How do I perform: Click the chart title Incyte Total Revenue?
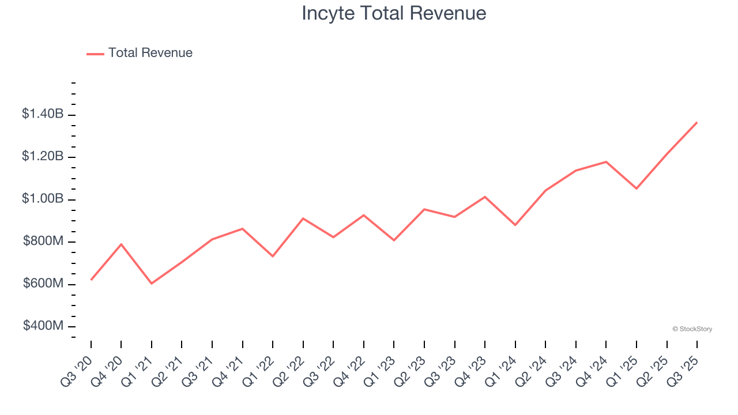394,13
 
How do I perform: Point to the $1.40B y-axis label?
43,114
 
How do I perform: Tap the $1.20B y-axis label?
43,156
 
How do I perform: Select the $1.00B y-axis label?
43,199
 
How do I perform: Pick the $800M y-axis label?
43,242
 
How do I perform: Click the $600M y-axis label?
43,284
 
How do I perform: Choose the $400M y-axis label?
43,326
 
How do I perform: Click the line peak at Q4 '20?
121,244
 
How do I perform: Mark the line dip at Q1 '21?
152,284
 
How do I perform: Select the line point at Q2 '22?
303,218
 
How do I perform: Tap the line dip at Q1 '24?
515,225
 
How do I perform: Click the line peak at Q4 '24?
606,161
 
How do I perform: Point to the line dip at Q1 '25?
637,188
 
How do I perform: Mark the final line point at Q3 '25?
696,122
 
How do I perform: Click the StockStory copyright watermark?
692,329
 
